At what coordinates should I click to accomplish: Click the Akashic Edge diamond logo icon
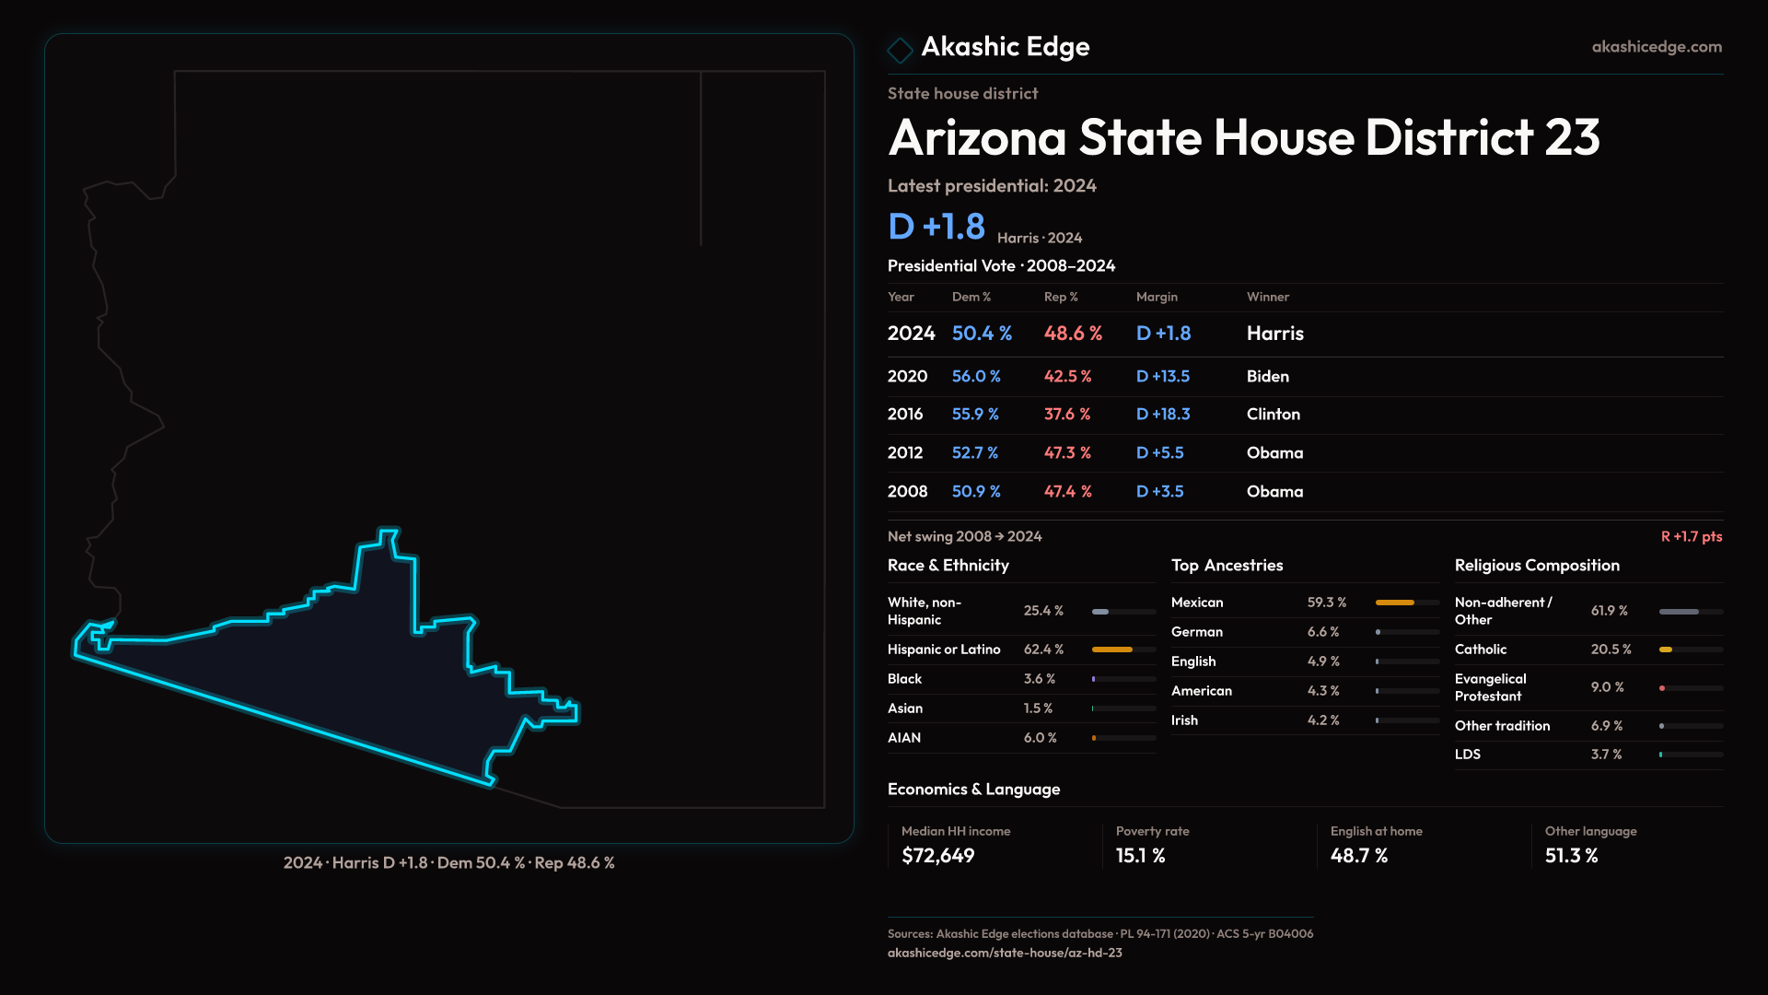900,50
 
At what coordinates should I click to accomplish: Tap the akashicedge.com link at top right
1657,47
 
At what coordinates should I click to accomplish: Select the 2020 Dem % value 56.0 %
976,377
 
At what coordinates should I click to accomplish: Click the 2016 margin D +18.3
1163,415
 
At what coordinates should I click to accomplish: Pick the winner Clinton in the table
1274,415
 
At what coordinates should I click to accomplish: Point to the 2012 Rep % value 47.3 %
1067,453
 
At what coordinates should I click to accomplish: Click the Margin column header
1157,297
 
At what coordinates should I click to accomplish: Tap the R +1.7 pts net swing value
1692,537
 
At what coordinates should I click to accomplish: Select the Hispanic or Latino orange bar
1111,650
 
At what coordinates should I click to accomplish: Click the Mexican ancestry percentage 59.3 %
1327,603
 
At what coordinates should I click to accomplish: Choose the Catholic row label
1481,650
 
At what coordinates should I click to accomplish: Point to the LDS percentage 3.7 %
1607,755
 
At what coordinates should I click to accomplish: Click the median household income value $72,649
938,856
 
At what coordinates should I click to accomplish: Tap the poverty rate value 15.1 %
1141,856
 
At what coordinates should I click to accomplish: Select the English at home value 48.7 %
1359,856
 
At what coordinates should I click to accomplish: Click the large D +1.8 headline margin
936,227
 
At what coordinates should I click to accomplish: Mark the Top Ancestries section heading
1227,566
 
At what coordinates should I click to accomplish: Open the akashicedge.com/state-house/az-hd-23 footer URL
1005,954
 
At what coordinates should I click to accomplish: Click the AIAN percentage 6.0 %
1041,738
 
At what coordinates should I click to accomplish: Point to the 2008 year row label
908,492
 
